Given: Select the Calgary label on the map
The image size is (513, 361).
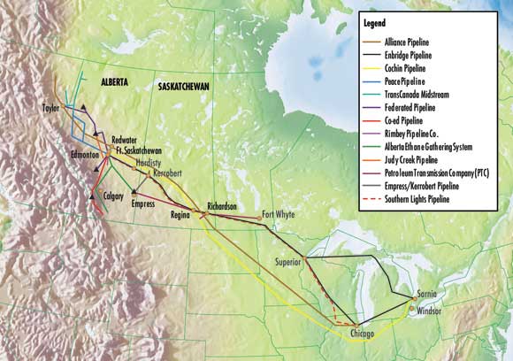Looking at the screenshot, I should coord(113,196).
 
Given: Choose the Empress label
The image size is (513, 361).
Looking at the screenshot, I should coord(142,202).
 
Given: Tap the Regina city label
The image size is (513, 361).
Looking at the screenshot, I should coord(182,215).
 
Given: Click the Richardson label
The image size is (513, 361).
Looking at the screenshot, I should coord(221,206).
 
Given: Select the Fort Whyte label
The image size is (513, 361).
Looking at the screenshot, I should coord(280,214).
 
